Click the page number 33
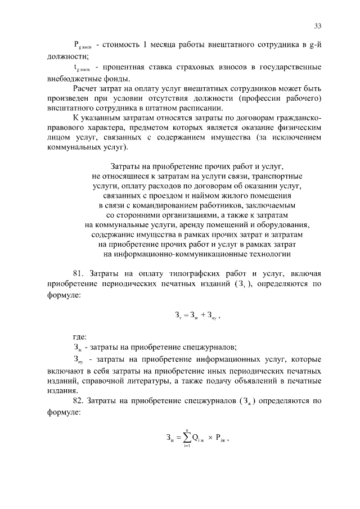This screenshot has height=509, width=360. coord(318,26)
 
